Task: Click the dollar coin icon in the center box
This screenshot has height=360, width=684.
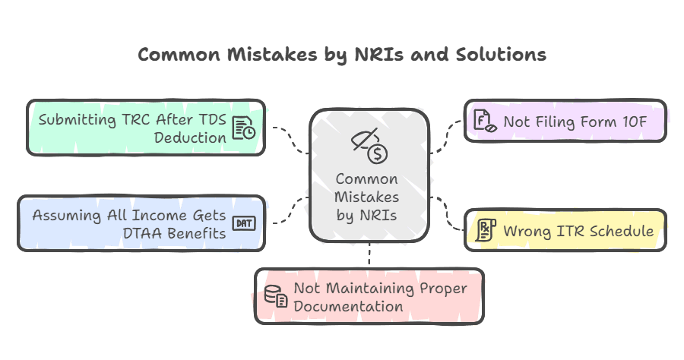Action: [x=377, y=154]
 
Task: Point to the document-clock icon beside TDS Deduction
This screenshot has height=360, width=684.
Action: [x=244, y=129]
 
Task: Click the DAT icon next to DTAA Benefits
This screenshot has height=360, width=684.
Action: [x=244, y=223]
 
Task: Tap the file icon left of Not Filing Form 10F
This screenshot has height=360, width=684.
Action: [x=483, y=121]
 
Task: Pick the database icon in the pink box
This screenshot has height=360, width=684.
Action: [x=275, y=297]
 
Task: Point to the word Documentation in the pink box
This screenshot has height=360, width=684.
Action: [x=348, y=306]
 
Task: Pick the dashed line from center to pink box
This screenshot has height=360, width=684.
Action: [x=369, y=256]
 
